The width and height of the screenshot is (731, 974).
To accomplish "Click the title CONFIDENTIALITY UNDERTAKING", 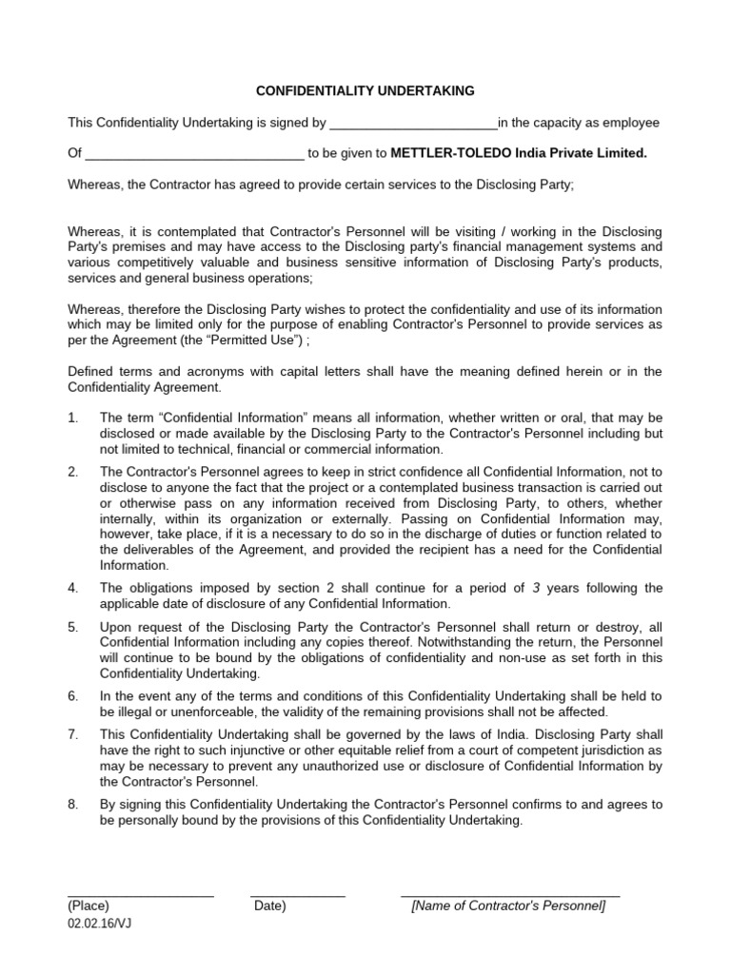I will coord(365,91).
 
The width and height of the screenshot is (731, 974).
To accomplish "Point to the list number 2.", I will coord(73,473).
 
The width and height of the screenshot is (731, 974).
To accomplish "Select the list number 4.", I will coord(73,589).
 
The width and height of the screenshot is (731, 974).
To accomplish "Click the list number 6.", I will coord(73,697).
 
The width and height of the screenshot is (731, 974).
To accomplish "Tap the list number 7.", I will coord(73,736).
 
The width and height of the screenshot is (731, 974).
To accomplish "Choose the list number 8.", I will coord(73,805).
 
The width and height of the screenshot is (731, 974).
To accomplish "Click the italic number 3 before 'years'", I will coord(537,589).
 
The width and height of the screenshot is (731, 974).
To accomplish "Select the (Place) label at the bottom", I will coord(89,906).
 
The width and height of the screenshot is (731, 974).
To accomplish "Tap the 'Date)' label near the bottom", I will coord(270,906).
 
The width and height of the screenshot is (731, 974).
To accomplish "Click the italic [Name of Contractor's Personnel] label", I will coord(508,906).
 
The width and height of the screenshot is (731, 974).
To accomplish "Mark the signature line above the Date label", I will coord(298,896).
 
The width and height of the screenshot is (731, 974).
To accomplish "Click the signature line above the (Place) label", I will coord(141,896).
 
